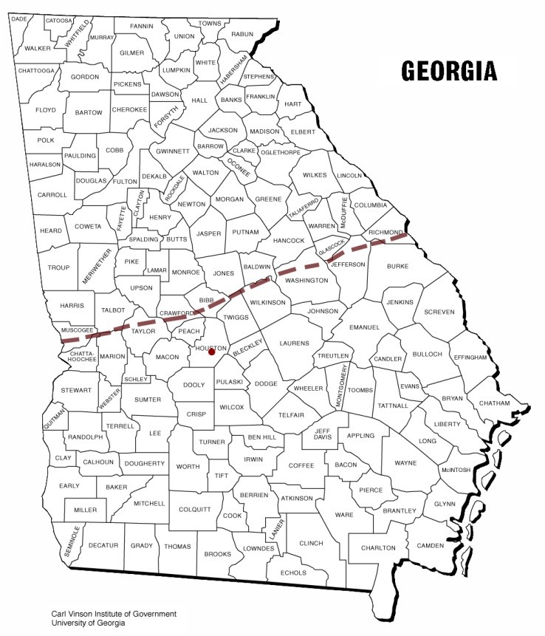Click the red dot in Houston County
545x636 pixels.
pyautogui.click(x=211, y=352)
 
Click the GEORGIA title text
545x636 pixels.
pyautogui.click(x=448, y=70)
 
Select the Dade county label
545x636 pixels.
pyautogui.click(x=19, y=19)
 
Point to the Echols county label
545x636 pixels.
pyautogui.click(x=294, y=573)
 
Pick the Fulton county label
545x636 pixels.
pyautogui.click(x=125, y=182)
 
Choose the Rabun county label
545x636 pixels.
pyautogui.click(x=241, y=34)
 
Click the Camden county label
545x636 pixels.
pyautogui.click(x=431, y=546)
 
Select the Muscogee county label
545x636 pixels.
pyautogui.click(x=75, y=329)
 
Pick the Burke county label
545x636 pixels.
pyautogui.click(x=397, y=266)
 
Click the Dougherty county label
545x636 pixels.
pyautogui.click(x=145, y=463)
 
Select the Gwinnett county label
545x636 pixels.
pyautogui.click(x=174, y=151)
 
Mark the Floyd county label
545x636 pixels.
pyautogui.click(x=46, y=110)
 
